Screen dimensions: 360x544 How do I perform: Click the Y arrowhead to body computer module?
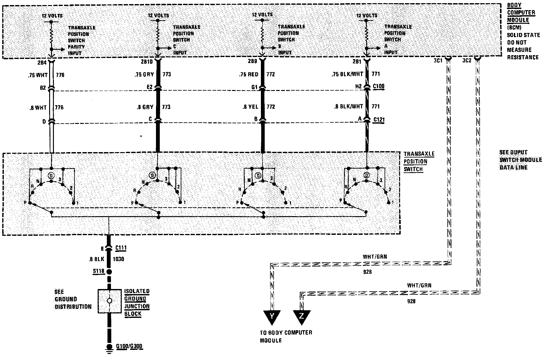coord(272,317)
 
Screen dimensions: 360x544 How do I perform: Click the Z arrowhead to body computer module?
coord(301,317)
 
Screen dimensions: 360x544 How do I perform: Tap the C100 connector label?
coord(379,86)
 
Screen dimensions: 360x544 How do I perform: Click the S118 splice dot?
coord(109,272)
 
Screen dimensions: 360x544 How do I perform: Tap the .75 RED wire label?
coord(249,74)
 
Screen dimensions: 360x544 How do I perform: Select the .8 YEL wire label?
coord(250,107)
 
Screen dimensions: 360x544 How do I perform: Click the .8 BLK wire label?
coord(96,259)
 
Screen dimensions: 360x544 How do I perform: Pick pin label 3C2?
coord(467,60)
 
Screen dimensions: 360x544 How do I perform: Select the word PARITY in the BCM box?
coord(76,47)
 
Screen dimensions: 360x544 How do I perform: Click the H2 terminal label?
coord(358,86)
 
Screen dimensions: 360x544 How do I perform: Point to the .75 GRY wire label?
coord(144,74)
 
